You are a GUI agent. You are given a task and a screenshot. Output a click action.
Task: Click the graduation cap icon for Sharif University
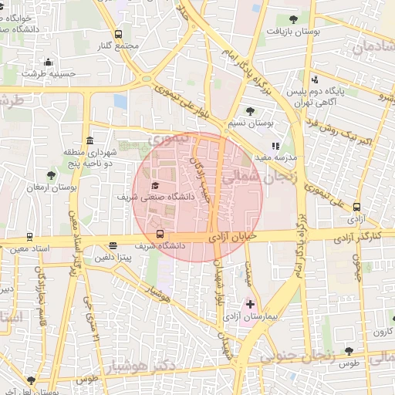coord(155,186)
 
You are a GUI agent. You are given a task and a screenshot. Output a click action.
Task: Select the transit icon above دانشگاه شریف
coord(160,234)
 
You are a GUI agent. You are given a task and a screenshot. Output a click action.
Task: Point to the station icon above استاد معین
coord(29,238)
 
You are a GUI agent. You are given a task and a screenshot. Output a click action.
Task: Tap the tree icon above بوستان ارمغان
coord(51,175)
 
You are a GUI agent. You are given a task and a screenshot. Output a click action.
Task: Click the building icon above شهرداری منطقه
coord(91,141)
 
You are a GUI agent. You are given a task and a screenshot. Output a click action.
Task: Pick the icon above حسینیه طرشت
coord(48,62)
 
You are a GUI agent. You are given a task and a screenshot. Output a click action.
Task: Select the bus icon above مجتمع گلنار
coord(118,34)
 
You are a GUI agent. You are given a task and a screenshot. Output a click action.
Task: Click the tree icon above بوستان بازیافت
coord(292,19)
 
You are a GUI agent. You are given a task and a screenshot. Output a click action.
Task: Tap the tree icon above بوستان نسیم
coord(250,111)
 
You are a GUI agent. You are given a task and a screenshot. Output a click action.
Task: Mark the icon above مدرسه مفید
coord(274,145)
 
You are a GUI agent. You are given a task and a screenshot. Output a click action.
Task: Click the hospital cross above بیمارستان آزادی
coord(250,305)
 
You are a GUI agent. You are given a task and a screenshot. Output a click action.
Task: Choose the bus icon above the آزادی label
coord(356,207)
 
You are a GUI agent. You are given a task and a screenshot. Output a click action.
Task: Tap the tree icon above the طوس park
coord(349,351)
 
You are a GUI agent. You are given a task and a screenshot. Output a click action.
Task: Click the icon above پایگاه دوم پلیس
coord(313,79)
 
